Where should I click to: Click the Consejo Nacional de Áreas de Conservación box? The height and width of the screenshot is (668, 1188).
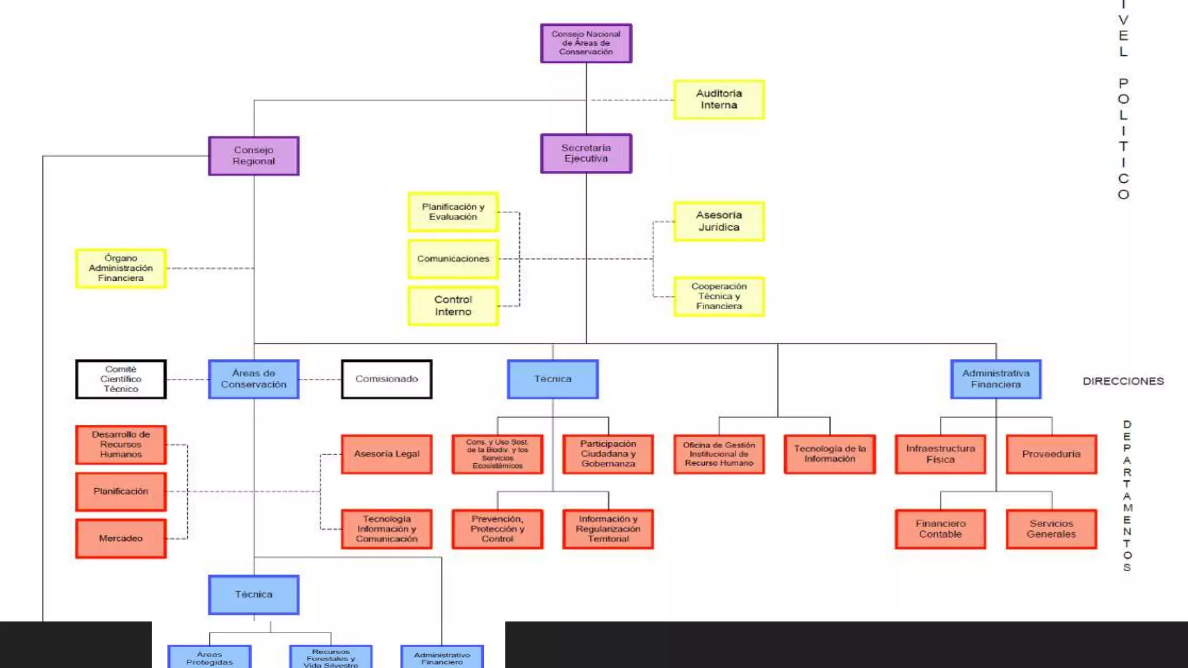point(586,43)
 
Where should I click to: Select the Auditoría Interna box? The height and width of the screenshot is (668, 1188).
point(719,100)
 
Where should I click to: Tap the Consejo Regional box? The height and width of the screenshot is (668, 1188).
point(253,155)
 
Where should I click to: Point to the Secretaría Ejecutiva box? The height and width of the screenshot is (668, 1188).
point(586,154)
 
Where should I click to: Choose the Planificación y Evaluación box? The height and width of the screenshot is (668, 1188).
point(453,212)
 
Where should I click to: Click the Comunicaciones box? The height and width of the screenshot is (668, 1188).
point(453,259)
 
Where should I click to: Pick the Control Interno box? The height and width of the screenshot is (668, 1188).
point(453,306)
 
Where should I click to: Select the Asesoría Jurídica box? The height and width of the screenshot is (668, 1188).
point(719,221)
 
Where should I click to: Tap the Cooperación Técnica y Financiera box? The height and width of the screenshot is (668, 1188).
point(719,296)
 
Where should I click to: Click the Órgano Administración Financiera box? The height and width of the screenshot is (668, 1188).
point(121,268)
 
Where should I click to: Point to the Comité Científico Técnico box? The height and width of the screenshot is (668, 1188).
point(121,379)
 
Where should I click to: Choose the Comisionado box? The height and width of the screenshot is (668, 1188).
point(386,379)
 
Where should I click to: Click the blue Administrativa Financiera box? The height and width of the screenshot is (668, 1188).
point(995,379)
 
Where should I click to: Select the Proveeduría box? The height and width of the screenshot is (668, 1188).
point(1051,454)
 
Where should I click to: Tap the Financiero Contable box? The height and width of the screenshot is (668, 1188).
point(940,529)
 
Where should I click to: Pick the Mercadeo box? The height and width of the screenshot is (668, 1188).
point(121,538)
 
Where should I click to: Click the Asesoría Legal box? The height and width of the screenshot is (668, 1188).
point(386,454)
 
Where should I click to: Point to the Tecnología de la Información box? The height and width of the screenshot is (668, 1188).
point(830,454)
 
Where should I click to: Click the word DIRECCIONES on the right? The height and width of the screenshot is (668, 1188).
point(1123,381)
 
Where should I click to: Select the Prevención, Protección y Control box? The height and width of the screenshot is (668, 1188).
point(497,529)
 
